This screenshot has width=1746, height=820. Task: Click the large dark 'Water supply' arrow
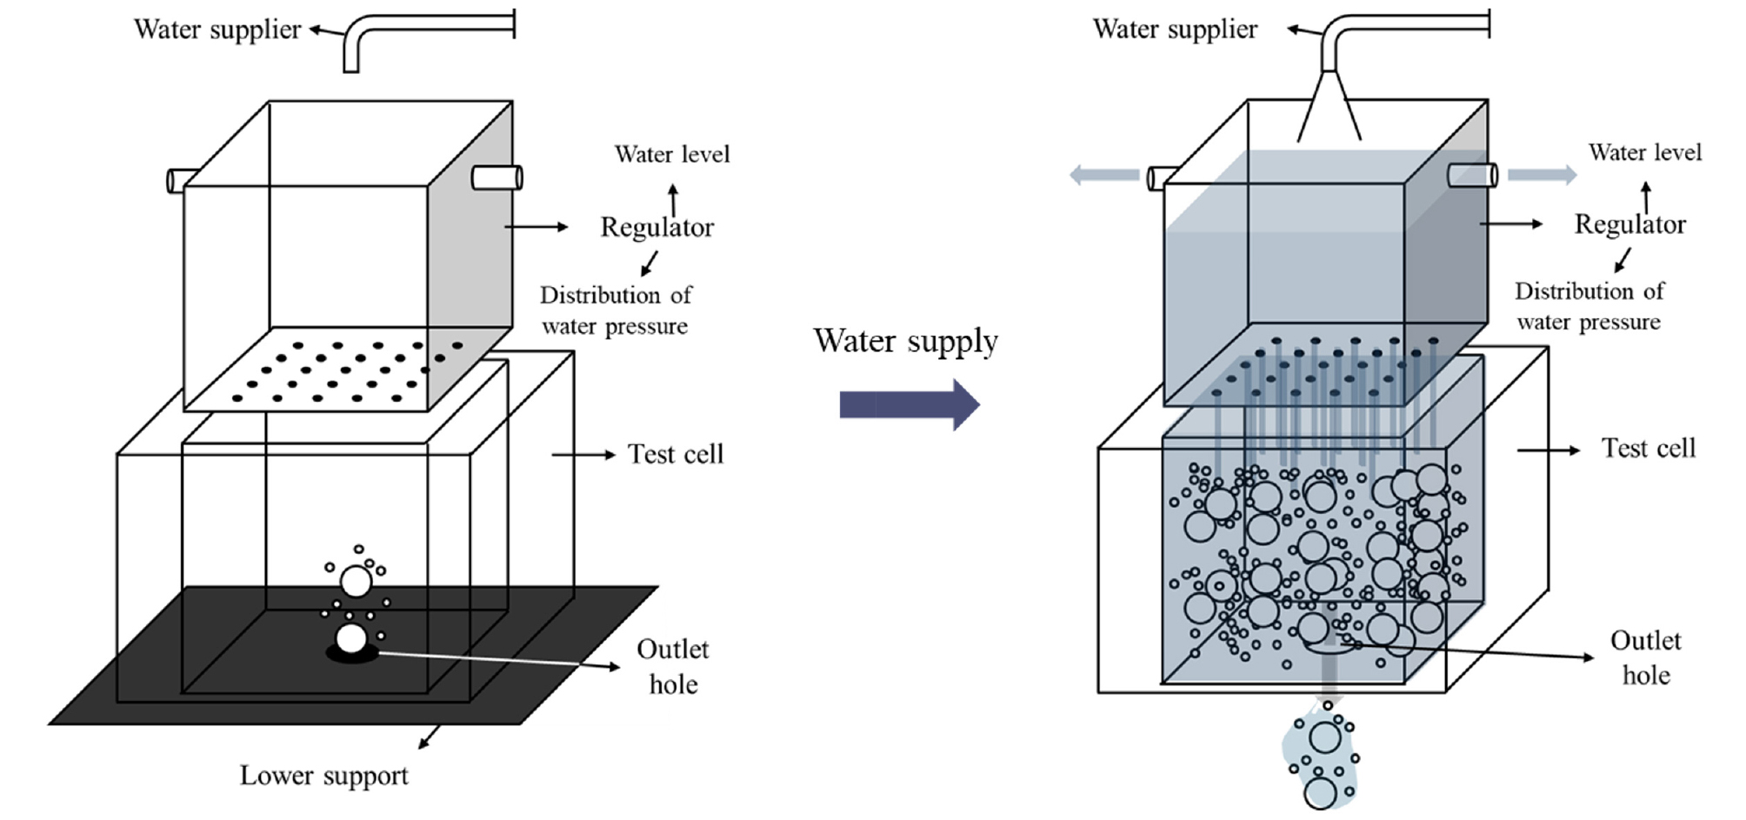tap(909, 404)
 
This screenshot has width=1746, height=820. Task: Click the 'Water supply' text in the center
tap(905, 341)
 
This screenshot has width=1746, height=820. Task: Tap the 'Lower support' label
tap(323, 775)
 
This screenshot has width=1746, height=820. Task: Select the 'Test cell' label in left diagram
tap(676, 454)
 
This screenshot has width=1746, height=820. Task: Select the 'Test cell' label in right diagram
tap(1649, 448)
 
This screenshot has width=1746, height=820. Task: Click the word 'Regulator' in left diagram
tap(656, 227)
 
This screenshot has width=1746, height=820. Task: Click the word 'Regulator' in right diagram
tap(1629, 224)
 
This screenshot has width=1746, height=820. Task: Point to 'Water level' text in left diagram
tap(671, 154)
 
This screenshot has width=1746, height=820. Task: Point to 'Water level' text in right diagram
tap(1645, 152)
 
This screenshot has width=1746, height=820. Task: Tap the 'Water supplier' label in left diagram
tap(217, 29)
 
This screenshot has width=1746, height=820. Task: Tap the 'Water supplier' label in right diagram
tap(1175, 29)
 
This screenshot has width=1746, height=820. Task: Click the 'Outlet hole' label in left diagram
tap(673, 666)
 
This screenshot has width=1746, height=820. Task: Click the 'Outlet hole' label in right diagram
tap(1645, 657)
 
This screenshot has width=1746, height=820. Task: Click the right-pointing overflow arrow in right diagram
tap(1542, 175)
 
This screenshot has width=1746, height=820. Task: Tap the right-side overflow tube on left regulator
tap(496, 177)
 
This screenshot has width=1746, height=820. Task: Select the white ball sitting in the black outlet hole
tap(351, 639)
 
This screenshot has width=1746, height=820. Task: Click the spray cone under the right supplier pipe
tap(1329, 109)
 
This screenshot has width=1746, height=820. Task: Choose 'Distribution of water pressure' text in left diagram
tap(615, 310)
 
